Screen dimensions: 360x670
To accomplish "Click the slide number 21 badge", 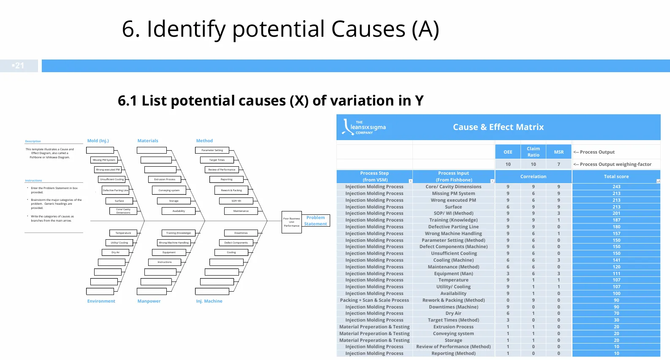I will [x=19, y=66].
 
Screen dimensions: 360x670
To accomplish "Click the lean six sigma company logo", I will [x=364, y=127].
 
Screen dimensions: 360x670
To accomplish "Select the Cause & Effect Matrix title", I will [x=498, y=127].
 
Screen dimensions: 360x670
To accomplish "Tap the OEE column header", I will [x=508, y=152].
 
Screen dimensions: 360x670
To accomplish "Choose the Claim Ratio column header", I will [x=533, y=152].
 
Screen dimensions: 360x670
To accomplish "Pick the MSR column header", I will [x=559, y=152].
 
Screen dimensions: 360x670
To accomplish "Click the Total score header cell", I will [x=616, y=176].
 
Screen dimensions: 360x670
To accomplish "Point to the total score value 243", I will [x=616, y=187].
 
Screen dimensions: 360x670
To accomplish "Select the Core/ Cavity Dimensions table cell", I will [x=453, y=187].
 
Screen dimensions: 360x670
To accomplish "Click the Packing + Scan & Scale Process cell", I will [x=374, y=300].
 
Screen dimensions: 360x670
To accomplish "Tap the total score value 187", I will [x=616, y=220].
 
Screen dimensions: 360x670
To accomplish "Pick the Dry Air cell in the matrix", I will [x=453, y=313].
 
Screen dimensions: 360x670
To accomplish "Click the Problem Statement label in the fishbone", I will [x=316, y=221].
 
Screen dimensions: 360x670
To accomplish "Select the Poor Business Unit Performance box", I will [x=291, y=222].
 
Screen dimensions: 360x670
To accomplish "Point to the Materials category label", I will [x=148, y=141].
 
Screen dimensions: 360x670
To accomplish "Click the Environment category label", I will [x=101, y=301].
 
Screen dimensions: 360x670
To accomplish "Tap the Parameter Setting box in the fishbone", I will [x=212, y=150].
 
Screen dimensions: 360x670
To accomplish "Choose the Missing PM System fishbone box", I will [x=104, y=160].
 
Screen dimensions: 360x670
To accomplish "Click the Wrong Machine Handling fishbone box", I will [x=174, y=243].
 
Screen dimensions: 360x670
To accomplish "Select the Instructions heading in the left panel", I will [x=33, y=181].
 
